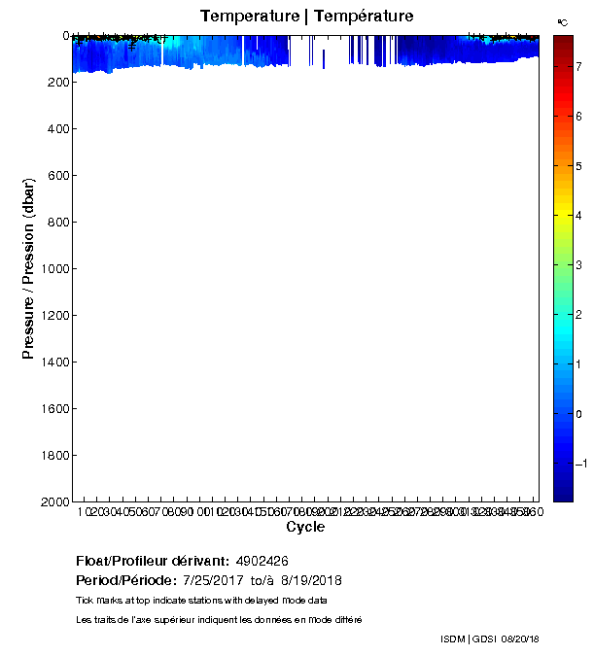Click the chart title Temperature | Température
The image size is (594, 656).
click(x=306, y=17)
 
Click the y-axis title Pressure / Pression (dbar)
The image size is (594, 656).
click(x=29, y=268)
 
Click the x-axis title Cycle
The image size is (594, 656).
click(x=305, y=528)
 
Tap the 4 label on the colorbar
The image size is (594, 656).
click(x=580, y=215)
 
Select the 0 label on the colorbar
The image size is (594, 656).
click(x=580, y=414)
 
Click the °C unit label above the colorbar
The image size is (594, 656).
click(x=563, y=21)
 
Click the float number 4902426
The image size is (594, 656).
click(x=262, y=562)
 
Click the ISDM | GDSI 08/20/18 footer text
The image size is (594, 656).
click(x=489, y=639)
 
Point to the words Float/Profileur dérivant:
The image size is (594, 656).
click(x=153, y=562)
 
